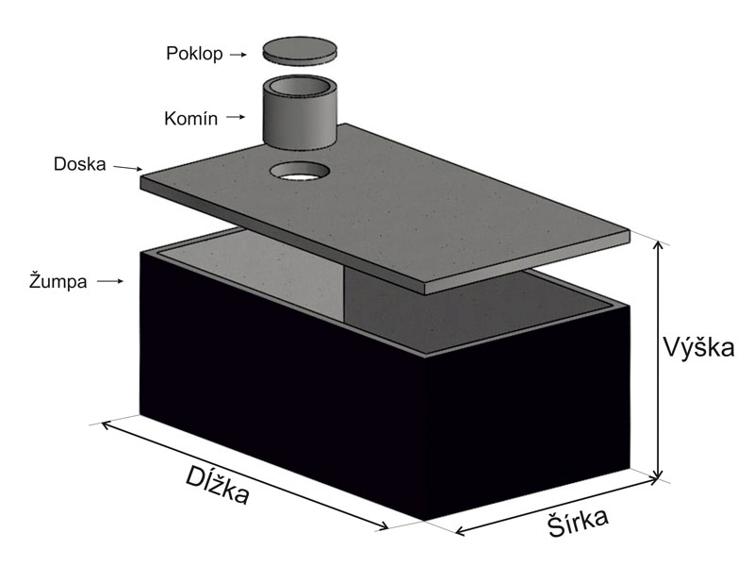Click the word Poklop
click(194, 54)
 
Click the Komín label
click(191, 119)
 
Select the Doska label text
click(80, 164)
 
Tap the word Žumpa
click(57, 280)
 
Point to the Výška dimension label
click(698, 347)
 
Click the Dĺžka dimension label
click(218, 484)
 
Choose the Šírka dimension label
click(578, 522)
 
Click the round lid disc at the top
click(300, 49)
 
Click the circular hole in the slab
click(300, 172)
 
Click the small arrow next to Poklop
click(238, 55)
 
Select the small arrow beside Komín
click(236, 117)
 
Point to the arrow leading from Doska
click(127, 168)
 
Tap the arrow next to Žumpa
click(110, 281)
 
